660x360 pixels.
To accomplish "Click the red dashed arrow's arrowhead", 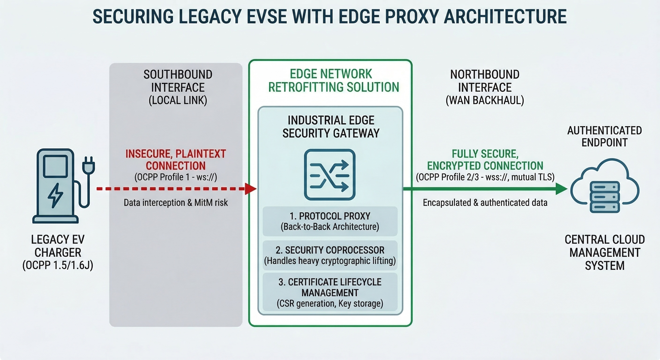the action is click(x=251, y=189).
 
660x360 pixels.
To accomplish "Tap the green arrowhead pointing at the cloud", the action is click(x=561, y=189).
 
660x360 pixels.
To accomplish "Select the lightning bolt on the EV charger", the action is click(x=55, y=195).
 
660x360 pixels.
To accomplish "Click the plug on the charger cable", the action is click(x=88, y=165).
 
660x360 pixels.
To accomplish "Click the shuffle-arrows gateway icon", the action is click(x=330, y=174).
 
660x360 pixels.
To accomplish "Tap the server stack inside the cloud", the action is click(x=605, y=197).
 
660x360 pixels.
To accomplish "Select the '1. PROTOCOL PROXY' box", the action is click(x=330, y=221).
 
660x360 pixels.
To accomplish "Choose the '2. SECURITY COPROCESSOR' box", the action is click(x=330, y=255).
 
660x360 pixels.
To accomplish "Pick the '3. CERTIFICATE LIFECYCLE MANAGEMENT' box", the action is click(x=330, y=292).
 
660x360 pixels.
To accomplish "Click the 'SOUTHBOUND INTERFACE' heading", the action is click(x=178, y=81).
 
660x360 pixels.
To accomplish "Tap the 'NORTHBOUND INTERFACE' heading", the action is click(x=485, y=81).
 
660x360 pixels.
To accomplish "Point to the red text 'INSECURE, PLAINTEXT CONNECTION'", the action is click(x=176, y=160).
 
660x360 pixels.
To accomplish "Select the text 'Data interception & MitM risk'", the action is click(x=176, y=203).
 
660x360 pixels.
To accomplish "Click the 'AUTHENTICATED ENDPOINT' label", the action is click(x=605, y=136).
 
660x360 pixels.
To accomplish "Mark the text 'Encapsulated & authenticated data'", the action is click(x=485, y=203).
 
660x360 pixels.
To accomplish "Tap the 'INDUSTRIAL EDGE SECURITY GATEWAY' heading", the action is click(x=331, y=127).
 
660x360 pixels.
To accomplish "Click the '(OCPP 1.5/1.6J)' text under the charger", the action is click(x=58, y=266).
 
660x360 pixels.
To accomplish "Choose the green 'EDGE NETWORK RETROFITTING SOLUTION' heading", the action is click(x=333, y=80).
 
